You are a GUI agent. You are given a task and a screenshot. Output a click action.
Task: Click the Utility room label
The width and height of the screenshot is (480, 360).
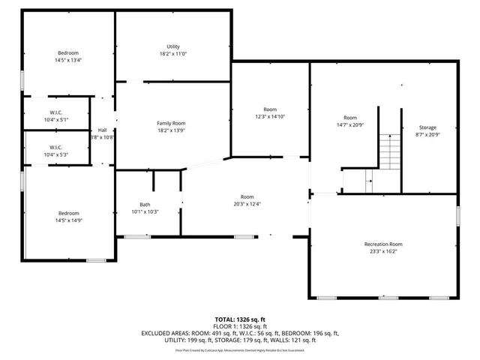[x=172, y=46]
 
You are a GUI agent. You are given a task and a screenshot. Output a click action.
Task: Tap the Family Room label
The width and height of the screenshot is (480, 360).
[x=171, y=123]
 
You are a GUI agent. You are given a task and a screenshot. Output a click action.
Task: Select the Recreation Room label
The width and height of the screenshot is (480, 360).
[x=383, y=244]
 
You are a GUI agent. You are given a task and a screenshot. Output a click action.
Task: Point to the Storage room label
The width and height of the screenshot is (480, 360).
[x=427, y=127]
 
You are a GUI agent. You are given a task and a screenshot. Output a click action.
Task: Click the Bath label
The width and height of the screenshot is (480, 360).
[x=145, y=205]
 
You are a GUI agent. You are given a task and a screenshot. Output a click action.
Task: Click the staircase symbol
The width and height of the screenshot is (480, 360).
[x=390, y=151]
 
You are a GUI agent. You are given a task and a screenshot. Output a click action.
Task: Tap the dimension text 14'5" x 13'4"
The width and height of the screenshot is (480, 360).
[x=68, y=60]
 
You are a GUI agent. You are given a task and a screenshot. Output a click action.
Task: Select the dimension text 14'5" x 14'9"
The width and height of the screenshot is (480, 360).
[x=68, y=219]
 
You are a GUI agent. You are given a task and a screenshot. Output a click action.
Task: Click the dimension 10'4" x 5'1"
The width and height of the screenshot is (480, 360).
[x=55, y=120]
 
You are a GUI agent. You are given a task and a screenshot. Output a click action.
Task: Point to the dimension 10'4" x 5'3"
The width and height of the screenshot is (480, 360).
[x=55, y=154]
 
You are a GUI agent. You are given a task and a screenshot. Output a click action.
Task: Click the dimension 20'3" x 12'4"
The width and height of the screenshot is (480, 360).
[x=247, y=204]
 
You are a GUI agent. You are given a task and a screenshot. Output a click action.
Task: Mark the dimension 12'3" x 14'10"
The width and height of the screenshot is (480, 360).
[x=270, y=116]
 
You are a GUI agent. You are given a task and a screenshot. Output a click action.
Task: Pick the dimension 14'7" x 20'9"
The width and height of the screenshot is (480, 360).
[x=350, y=124]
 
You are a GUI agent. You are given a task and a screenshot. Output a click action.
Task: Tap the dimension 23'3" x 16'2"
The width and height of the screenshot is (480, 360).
[x=383, y=252]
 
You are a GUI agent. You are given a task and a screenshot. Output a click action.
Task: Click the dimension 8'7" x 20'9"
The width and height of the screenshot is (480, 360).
[x=427, y=135]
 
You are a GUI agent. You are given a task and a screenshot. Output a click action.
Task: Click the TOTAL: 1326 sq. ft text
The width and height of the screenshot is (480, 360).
[x=240, y=319]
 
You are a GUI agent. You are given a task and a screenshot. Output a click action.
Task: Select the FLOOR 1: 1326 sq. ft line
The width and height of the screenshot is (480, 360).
[x=240, y=326]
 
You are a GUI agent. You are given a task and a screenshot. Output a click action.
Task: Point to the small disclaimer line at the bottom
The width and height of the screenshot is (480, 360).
[x=240, y=349]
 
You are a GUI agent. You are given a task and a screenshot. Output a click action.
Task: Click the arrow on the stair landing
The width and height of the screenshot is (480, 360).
[x=368, y=180]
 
